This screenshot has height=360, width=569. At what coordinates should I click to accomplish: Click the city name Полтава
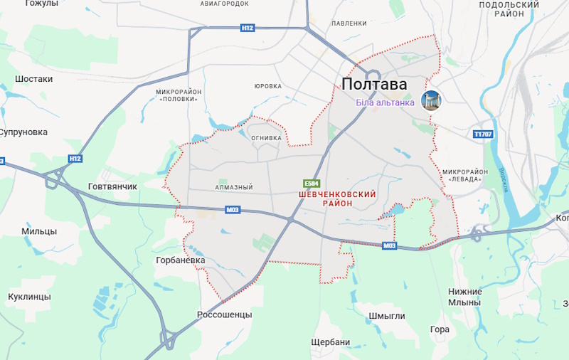pyautogui.click(x=374, y=84)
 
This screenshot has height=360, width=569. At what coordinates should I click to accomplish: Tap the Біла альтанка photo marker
pyautogui.click(x=430, y=101)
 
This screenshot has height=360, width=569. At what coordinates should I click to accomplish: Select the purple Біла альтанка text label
pyautogui.click(x=385, y=102)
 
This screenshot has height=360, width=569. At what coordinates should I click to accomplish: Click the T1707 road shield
pyautogui.click(x=483, y=134)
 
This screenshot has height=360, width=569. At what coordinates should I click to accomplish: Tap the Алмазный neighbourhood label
pyautogui.click(x=234, y=188)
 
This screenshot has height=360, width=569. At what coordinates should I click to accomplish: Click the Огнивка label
pyautogui.click(x=266, y=138)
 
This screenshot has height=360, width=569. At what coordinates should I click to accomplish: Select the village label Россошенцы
pyautogui.click(x=224, y=314)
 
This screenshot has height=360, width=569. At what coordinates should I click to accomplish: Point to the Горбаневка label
pyautogui.click(x=181, y=260)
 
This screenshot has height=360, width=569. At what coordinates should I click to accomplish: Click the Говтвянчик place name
pyautogui.click(x=112, y=186)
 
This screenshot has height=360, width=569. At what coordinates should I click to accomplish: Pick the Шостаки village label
pyautogui.click(x=33, y=79)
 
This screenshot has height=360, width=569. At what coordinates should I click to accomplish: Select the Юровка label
pyautogui.click(x=268, y=86)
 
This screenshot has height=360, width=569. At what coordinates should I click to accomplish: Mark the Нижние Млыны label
pyautogui.click(x=465, y=297)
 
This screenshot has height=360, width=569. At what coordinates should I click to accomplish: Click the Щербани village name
pyautogui.click(x=331, y=342)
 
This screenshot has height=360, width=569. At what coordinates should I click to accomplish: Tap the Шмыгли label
pyautogui.click(x=387, y=316)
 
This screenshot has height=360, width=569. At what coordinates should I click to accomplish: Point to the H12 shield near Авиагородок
pyautogui.click(x=247, y=28)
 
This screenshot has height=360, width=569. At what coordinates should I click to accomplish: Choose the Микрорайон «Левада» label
pyautogui.click(x=464, y=175)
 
